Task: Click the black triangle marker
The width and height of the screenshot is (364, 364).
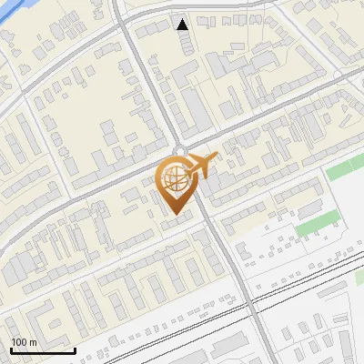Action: coord(183,24)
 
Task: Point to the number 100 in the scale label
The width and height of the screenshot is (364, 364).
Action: coord(19,342)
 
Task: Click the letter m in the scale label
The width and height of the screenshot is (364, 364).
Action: coord(33,342)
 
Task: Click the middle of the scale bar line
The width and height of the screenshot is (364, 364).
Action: coord(42,351)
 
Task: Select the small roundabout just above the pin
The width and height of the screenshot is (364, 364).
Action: coord(180,151)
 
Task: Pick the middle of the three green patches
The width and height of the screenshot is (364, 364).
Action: coord(316,220)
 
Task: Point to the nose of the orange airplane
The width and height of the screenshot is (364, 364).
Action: coord(217,158)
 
